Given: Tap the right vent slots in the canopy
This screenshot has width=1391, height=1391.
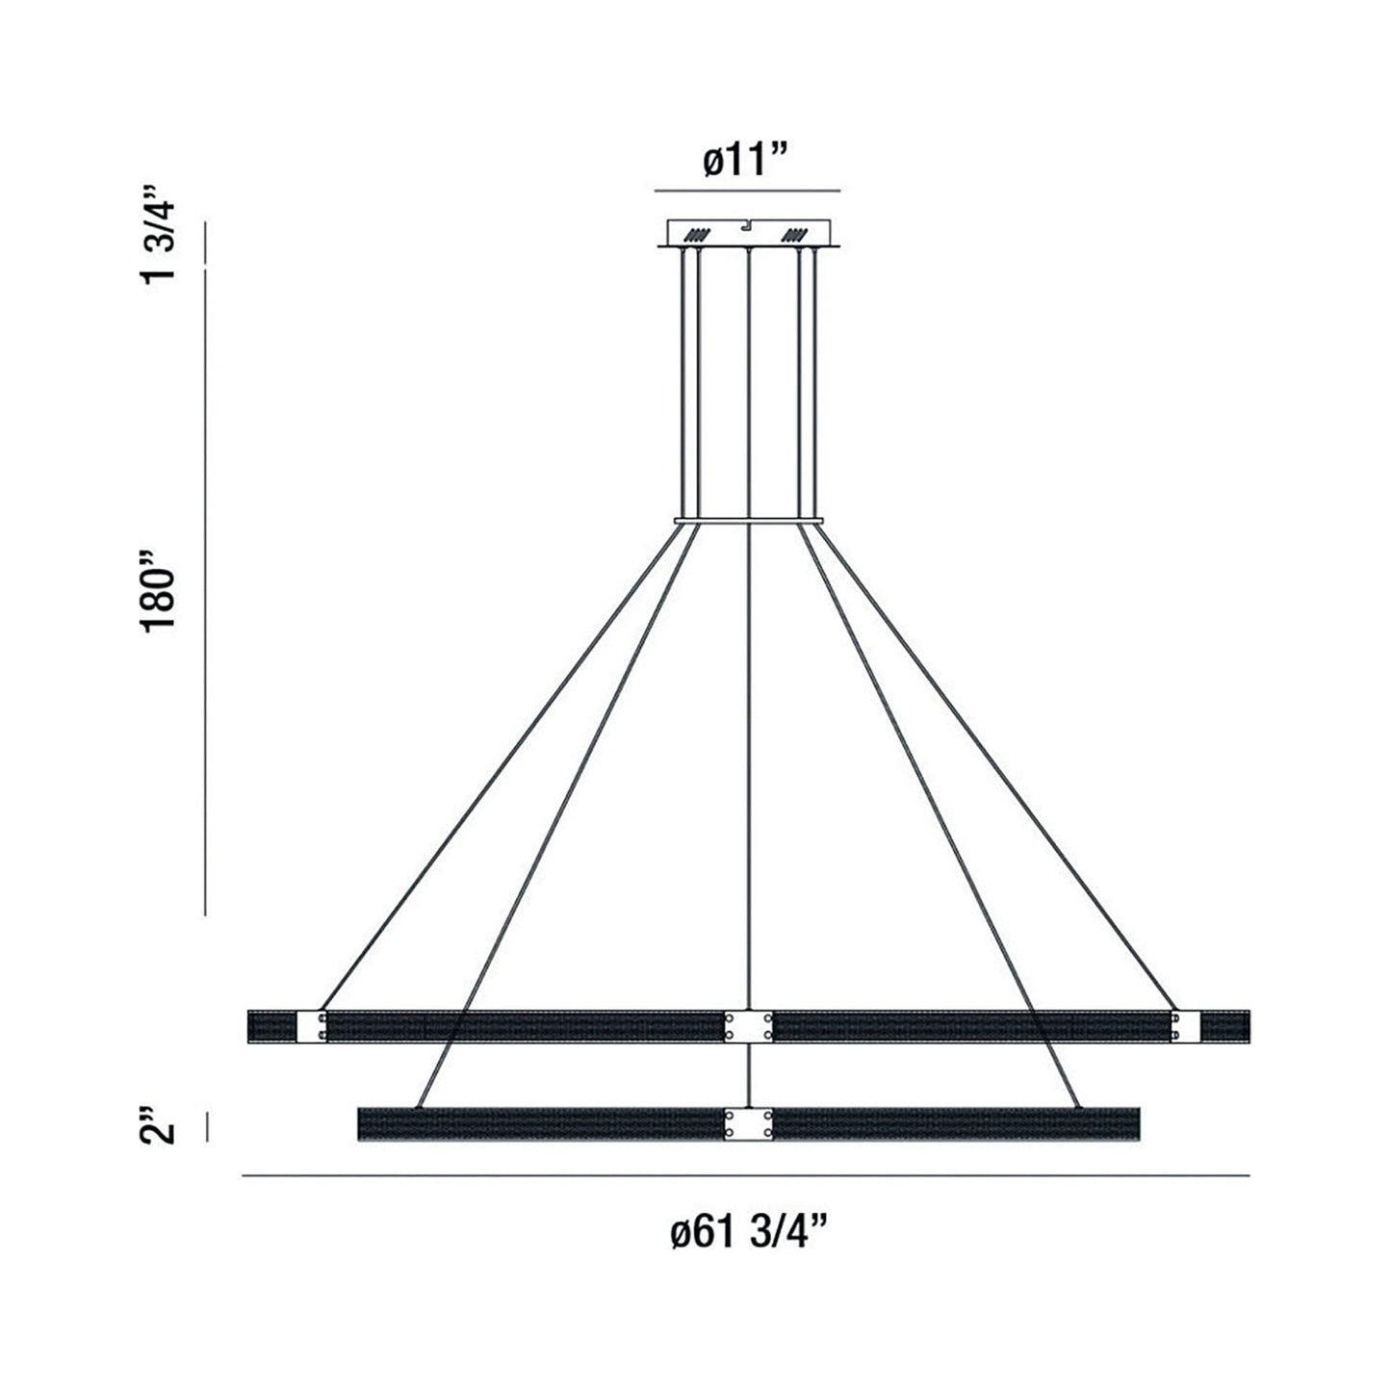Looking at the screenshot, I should coord(797,234).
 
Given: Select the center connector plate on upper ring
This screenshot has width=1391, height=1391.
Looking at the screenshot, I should coord(748,1026).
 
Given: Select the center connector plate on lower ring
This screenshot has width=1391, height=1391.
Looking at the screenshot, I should coord(748,1123).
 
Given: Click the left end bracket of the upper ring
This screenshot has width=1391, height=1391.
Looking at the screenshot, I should coord(312,1026).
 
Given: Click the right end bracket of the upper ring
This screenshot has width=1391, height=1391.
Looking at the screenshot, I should coord(1186,1026).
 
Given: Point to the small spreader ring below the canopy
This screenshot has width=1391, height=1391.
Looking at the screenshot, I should coord(748,522).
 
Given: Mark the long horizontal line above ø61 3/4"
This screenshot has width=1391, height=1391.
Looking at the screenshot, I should coord(745,1175).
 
